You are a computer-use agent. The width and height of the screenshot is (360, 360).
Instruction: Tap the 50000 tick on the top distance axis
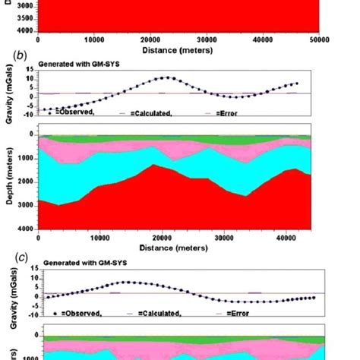pos(319,38)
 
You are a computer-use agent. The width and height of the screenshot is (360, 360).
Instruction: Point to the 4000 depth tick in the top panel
pos(25,30)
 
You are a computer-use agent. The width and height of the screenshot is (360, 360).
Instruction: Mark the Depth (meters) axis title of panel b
pos(8,182)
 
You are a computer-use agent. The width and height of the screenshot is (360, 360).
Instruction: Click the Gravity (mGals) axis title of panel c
pos(8,296)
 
